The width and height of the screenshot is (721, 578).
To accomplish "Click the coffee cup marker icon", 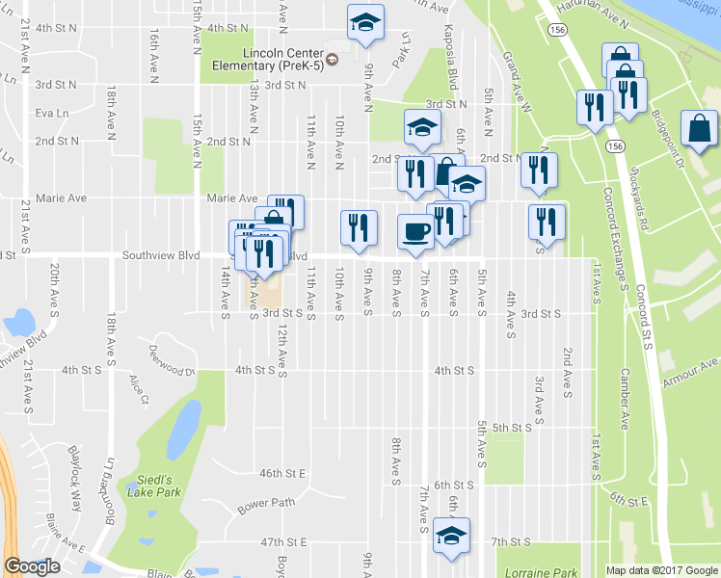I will pos(416,231).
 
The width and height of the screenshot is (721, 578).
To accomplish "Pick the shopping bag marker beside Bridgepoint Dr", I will pos(698,128).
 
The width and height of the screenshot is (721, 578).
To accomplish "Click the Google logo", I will pos(32,567).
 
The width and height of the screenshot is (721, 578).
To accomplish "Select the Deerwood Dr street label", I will pos(173,358).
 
